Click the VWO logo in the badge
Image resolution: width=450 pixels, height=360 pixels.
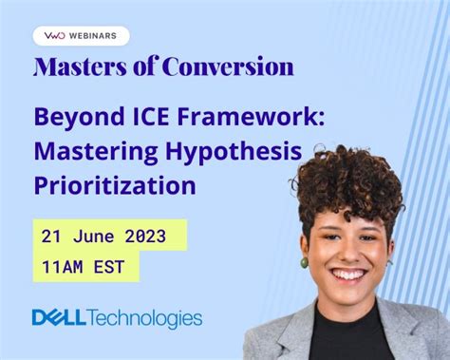click(54, 36)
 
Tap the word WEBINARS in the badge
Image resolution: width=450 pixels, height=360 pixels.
click(93, 36)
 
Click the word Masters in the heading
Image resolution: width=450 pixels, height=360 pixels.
click(80, 66)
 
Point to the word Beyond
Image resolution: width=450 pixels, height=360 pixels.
click(80, 118)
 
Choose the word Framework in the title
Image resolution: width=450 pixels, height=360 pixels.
click(251, 116)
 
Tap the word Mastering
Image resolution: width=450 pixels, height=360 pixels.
click(96, 152)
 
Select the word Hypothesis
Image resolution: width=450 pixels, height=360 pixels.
click(234, 152)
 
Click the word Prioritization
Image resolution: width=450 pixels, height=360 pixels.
click(115, 185)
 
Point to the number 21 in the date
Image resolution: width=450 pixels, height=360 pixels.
click(51, 237)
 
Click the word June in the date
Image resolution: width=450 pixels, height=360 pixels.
click(93, 237)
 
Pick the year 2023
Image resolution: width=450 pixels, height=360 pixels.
click(145, 237)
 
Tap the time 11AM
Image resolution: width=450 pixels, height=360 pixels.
click(62, 267)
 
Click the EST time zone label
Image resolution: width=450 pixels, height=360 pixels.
click(109, 267)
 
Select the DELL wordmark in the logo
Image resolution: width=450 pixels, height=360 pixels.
click(59, 317)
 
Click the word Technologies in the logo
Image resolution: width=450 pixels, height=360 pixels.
click(144, 318)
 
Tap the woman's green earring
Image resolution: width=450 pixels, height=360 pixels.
click(304, 263)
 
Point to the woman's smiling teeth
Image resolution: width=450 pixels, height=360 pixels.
click(349, 275)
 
